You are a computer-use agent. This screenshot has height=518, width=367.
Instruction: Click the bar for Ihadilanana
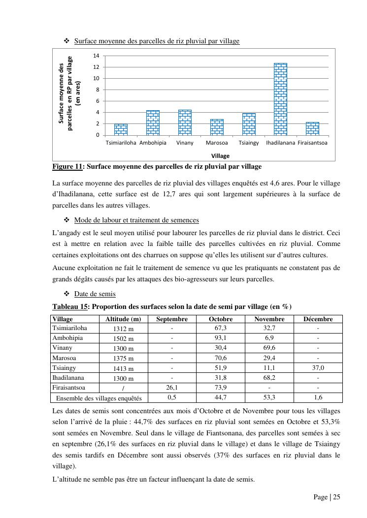point(280,99)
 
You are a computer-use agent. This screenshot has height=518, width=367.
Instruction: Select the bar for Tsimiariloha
point(121,129)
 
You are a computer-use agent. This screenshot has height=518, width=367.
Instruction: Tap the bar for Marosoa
point(217,127)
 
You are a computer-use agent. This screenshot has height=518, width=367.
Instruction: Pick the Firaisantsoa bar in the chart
point(312,128)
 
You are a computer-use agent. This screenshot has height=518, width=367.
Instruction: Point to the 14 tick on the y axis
point(97,56)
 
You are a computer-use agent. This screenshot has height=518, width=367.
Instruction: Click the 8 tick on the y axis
point(97,90)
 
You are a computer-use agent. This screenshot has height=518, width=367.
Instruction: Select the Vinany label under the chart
point(185,143)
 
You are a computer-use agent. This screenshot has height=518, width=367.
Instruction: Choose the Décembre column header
point(318,319)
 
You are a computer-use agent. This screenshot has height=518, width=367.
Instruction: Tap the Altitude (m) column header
point(123,319)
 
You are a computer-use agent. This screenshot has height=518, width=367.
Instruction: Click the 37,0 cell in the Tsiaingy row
point(318,368)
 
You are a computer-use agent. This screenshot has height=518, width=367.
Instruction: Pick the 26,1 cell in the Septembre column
point(172,388)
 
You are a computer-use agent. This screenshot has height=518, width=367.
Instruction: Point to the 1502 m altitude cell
point(123,339)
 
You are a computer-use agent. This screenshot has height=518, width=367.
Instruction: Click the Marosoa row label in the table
point(64,358)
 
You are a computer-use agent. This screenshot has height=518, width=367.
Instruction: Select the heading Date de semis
point(95,294)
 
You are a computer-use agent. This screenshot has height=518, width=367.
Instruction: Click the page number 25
point(336,497)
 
